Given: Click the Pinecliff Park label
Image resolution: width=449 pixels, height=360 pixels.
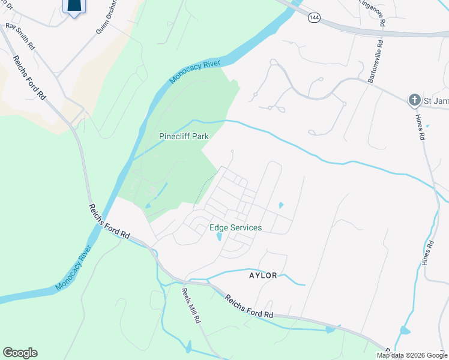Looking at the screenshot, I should click(184, 136).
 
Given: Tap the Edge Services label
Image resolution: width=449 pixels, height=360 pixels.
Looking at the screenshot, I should click(235, 227).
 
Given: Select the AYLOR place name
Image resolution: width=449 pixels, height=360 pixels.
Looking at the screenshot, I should click(264, 275).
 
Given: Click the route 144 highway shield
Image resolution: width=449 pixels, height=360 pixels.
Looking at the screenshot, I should click(314, 18).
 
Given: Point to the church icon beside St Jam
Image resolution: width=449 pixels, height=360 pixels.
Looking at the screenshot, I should click(414, 100).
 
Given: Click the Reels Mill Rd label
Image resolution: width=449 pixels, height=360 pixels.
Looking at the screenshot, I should click(191, 306).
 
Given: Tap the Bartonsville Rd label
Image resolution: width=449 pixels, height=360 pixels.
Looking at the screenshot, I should click(373, 59).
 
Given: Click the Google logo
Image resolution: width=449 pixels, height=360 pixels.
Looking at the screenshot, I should click(20, 353).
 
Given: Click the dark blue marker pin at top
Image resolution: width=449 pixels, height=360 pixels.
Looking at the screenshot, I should click(73, 5).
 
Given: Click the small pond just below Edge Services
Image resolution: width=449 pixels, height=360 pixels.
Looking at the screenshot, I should click(218, 237).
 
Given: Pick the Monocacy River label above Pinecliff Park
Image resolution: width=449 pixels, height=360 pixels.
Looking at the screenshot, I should click(195, 71).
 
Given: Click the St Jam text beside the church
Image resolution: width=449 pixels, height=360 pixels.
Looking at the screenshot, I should click(436, 101).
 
